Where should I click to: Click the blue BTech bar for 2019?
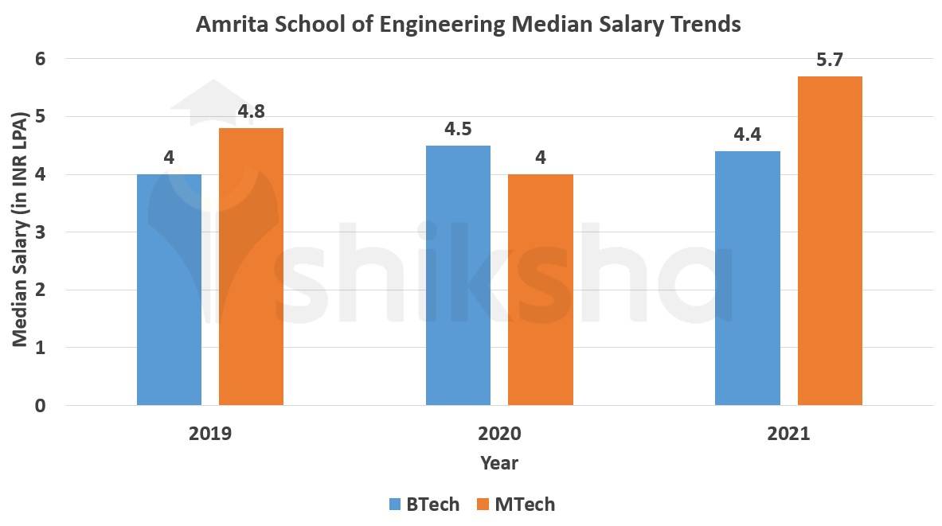coord(169,290)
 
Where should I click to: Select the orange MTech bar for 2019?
coord(251,267)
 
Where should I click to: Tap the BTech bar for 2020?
coord(458,275)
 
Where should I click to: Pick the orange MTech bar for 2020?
coord(540,290)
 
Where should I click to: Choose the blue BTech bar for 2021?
coord(747,279)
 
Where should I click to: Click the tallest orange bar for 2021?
coord(830,240)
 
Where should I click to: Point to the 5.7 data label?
coord(830,60)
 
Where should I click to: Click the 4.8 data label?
coord(251,112)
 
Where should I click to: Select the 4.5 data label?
coord(458,129)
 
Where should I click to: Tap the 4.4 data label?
coord(747,134)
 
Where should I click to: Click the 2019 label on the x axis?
coord(210,434)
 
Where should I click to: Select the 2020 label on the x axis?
coord(499,434)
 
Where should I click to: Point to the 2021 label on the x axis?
coord(788,434)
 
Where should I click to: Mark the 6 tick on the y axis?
coord(40,59)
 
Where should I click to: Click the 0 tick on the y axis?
coord(40,406)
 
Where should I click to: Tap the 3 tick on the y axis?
coord(40,232)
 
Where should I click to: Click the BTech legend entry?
coord(424,504)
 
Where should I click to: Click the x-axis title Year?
coord(499,462)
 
